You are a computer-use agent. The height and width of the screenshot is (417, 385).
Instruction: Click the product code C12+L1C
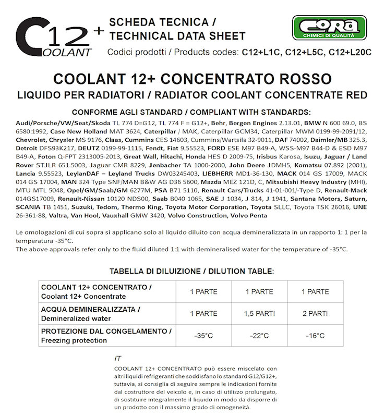260,52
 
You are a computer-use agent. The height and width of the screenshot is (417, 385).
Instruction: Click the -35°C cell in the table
203,337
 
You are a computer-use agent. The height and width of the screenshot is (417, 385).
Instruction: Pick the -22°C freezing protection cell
259,337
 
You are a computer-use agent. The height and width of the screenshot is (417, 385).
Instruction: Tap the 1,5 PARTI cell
259,314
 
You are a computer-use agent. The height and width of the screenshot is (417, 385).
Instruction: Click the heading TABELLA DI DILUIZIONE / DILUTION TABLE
191,271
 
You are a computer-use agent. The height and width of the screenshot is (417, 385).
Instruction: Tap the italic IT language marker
117,359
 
